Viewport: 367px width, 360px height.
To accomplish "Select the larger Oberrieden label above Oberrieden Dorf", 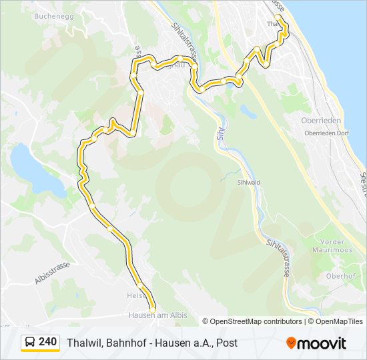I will (x=322, y=121).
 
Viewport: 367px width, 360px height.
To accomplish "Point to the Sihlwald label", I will (x=248, y=181).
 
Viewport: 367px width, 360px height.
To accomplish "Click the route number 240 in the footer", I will (x=47, y=342).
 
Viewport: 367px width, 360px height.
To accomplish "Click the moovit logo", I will (x=316, y=343).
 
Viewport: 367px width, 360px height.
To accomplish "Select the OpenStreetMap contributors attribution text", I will (x=252, y=321).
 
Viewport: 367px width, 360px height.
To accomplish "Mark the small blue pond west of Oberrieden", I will (x=248, y=111).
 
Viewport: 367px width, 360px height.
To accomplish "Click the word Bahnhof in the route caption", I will (x=124, y=343).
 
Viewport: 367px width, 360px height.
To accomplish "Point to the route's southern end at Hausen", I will (x=152, y=307).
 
